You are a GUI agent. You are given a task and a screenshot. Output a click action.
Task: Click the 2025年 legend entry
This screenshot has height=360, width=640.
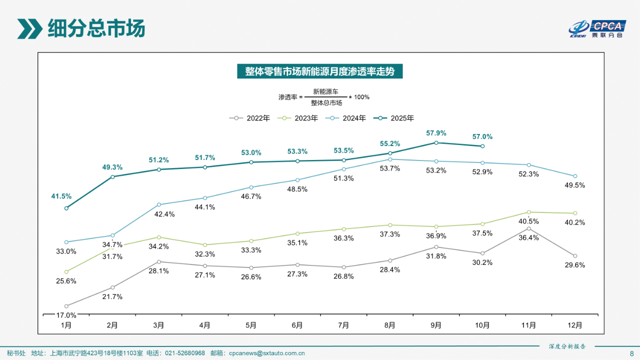point(396,118)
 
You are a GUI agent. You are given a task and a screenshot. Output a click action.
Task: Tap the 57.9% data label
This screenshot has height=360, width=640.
point(436,133)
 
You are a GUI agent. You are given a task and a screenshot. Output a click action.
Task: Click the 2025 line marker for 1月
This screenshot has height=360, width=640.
point(66,208)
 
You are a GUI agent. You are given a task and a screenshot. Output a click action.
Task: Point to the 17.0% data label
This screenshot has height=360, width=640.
point(66,315)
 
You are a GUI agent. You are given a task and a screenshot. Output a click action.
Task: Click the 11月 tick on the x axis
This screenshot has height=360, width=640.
point(528,325)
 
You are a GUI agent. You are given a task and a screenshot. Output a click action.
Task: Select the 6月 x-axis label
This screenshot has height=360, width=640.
point(297,325)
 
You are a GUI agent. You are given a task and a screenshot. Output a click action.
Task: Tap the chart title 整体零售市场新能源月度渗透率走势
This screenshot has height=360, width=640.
point(319,71)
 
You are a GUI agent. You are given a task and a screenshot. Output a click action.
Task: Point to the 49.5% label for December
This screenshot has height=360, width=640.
point(574,185)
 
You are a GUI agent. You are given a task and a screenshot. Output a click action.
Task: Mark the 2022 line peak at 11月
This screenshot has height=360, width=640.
point(528,228)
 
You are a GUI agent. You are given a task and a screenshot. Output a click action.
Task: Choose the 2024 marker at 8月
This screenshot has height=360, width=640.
point(390,159)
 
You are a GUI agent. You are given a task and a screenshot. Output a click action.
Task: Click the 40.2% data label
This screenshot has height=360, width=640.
point(574,222)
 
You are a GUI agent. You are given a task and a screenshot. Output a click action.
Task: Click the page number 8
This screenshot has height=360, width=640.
point(631,353)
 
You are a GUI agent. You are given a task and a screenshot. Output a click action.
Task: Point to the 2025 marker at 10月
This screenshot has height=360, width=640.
point(482,146)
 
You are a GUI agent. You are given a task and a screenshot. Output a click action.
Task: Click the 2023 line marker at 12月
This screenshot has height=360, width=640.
point(575,213)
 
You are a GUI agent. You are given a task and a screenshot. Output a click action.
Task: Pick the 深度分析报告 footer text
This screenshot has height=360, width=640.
point(567,346)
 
